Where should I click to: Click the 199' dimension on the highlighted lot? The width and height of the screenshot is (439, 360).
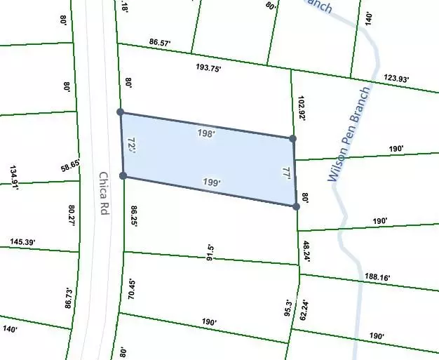[211, 183]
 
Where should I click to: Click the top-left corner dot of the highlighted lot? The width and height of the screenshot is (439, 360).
[121, 112]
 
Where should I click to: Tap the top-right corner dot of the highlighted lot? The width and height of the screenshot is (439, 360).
[292, 139]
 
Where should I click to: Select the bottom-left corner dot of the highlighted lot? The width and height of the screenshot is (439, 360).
[123, 175]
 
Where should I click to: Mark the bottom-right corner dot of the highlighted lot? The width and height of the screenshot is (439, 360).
[295, 206]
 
